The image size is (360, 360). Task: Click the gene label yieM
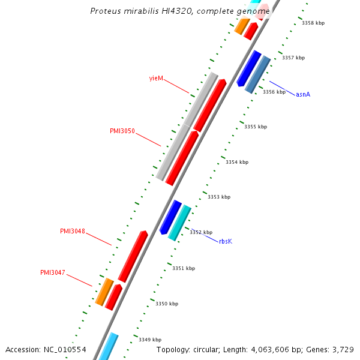pyautogui.click(x=156, y=79)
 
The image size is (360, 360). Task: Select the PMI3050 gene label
pyautogui.click(x=122, y=131)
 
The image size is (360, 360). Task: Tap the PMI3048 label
pyautogui.click(x=73, y=231)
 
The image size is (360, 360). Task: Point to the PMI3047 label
pyautogui.click(x=53, y=272)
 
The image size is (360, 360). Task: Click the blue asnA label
pyautogui.click(x=303, y=95)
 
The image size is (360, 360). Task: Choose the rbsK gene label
pyautogui.click(x=225, y=241)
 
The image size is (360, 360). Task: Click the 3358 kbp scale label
pyautogui.click(x=313, y=23)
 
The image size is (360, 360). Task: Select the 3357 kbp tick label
pyautogui.click(x=293, y=58)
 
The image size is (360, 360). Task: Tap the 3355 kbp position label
pyautogui.click(x=256, y=127)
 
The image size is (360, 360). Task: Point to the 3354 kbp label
pyautogui.click(x=237, y=162)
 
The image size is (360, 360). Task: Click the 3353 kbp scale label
pyautogui.click(x=219, y=197)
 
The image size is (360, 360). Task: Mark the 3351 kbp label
pyautogui.click(x=184, y=268)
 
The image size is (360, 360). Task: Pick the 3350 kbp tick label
pyautogui.click(x=167, y=304)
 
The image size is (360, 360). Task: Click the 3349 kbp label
pyautogui.click(x=150, y=340)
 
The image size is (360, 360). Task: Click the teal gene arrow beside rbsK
pyautogui.click(x=179, y=223)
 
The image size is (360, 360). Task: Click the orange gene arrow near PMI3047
pyautogui.click(x=104, y=292)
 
